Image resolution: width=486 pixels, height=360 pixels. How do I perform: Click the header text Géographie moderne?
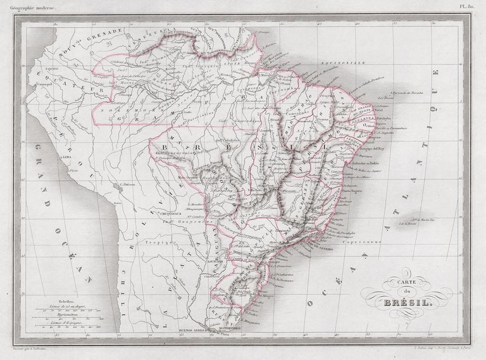click(x=28, y=5)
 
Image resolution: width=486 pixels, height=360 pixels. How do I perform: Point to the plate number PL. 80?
click(x=473, y=5)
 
